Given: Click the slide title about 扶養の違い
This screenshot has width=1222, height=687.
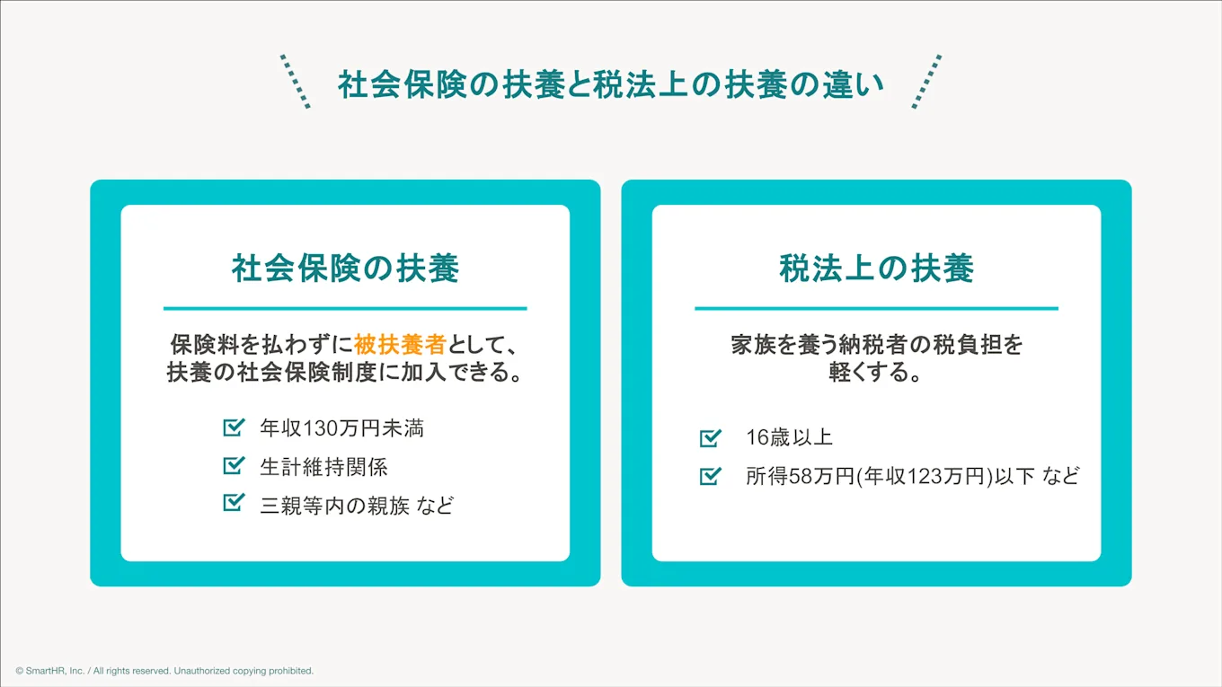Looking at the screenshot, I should coord(610,84).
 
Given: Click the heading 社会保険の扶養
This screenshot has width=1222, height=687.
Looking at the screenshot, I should coord(345,268).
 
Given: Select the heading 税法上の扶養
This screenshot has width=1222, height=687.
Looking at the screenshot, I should coord(876,268).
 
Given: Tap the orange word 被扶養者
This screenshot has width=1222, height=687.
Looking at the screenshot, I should coord(400,345).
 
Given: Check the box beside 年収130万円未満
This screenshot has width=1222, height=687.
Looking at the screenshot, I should coord(234,427).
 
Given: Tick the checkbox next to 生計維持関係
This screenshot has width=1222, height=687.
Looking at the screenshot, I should coord(234,465).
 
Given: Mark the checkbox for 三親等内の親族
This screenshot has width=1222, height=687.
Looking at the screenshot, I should coord(234,503).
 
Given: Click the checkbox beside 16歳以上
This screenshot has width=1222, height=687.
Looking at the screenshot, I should coord(710,437).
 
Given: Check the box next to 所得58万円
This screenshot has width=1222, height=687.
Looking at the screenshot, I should coord(710,475).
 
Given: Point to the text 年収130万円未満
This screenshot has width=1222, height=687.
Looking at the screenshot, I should coord(341,428).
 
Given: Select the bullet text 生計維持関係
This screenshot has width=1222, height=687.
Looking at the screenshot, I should coord(323,467).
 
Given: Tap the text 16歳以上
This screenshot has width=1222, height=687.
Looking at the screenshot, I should coord(789,437).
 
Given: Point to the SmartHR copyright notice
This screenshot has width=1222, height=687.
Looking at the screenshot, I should coord(164,671).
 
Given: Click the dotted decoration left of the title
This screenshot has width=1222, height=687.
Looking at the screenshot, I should coord(295,82).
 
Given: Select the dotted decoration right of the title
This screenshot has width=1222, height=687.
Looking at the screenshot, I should coord(926,82).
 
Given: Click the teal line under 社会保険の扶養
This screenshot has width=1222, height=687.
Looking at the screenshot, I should coord(345,309).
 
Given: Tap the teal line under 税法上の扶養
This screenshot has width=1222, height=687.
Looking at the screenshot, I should coord(876,309).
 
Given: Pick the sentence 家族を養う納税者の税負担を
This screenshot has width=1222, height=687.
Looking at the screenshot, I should coord(876,345).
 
